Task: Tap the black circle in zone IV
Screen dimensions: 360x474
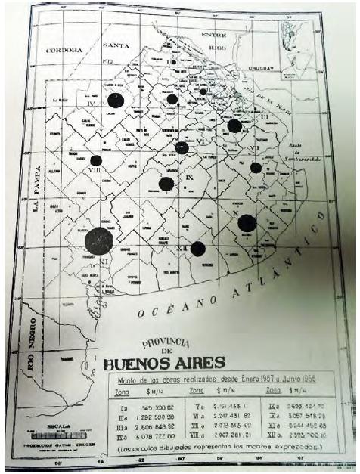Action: pyautogui.click(x=115, y=101)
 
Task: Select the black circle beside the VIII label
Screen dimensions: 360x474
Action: pyautogui.click(x=96, y=160)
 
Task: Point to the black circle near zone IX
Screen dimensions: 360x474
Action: pyautogui.click(x=166, y=183)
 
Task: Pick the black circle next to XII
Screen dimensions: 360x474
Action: pyautogui.click(x=198, y=248)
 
